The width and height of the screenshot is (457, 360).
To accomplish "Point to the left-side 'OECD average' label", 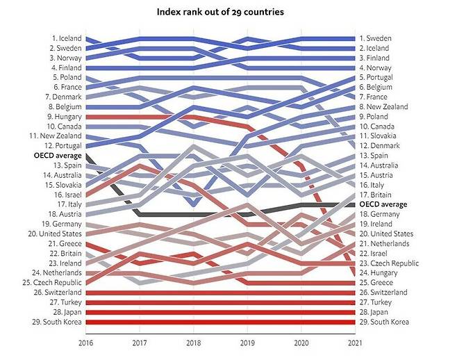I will [x=58, y=156].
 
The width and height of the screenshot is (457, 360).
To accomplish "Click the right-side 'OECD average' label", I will [x=383, y=204].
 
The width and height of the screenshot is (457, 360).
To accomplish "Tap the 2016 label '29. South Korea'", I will [x=59, y=322].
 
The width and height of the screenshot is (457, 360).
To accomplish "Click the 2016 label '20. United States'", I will [x=57, y=234].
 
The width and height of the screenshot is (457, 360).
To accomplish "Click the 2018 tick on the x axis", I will [x=194, y=342].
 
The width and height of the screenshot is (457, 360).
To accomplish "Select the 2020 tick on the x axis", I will [x=301, y=342].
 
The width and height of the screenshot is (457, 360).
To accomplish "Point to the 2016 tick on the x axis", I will [x=85, y=342].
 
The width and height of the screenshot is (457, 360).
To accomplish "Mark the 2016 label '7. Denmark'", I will [x=64, y=97].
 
